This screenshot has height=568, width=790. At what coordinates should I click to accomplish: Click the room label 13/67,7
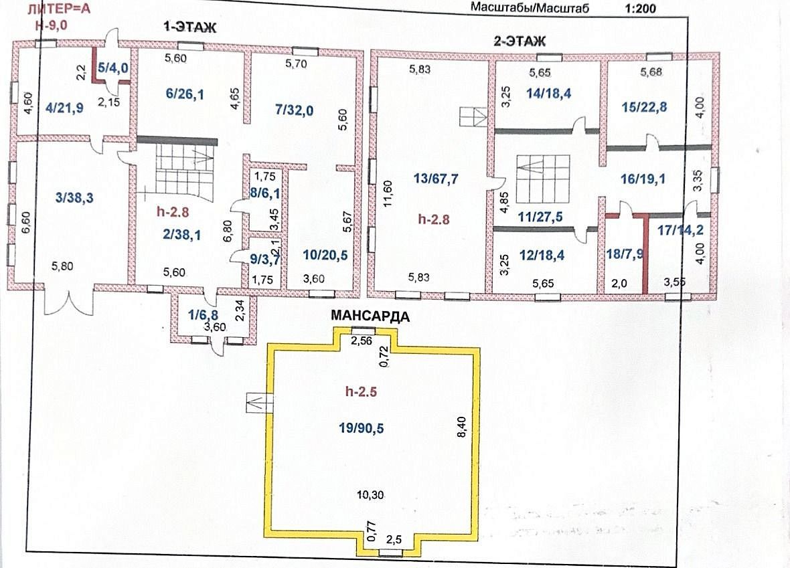pos(436,179)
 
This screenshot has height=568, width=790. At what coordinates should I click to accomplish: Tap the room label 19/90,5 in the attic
pos(362,428)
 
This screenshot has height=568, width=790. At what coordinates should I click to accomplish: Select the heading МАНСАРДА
pos(370,316)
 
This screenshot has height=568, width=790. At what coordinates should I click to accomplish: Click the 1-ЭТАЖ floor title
pos(190,27)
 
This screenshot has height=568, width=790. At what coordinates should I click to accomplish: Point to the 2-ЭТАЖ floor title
pos(520,41)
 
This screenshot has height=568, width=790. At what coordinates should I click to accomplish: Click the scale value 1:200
pos(640,8)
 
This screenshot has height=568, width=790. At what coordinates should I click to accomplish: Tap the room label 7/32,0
pos(295,109)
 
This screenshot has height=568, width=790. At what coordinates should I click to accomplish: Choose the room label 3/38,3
pos(74,198)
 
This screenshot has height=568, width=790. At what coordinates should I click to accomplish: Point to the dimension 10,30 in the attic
pos(370,495)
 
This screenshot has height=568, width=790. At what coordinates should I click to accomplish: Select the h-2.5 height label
pos(362,392)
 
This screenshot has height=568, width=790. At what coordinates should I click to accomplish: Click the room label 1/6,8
pos(203,315)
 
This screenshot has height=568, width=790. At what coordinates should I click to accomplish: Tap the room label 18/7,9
pos(625,254)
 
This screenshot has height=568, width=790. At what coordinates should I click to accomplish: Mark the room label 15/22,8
pos(645,107)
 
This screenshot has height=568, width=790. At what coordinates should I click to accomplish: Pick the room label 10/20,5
pos(325,256)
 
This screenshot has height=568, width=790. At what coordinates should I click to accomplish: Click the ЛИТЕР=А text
pos(58,9)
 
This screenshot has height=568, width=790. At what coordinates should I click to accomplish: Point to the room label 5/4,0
pos(113,68)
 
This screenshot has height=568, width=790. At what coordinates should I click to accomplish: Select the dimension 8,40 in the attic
pos(462,427)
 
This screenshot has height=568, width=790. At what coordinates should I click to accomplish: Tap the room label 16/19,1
pos(643,178)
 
